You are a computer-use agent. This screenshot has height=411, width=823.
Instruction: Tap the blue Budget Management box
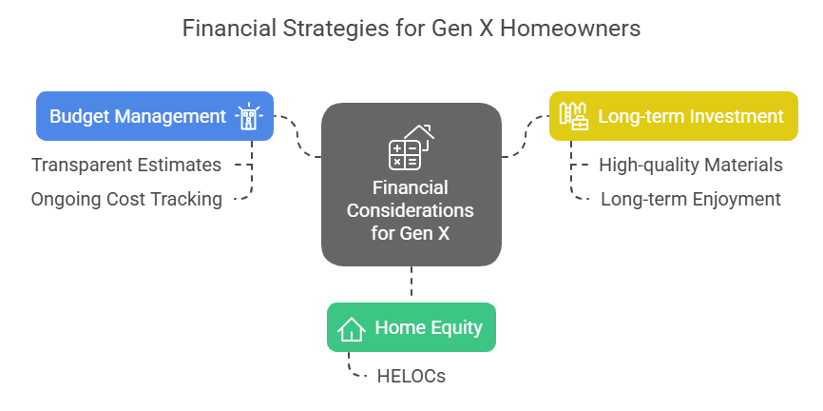155,116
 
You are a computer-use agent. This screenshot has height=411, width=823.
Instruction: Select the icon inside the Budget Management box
249,116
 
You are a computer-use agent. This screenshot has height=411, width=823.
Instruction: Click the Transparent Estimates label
126,165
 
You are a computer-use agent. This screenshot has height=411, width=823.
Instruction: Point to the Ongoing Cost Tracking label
126,199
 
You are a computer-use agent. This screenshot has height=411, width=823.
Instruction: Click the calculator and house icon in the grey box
411,147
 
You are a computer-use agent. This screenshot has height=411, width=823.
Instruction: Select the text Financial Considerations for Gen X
411,210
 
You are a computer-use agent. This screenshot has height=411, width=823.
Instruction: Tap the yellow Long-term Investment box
674,116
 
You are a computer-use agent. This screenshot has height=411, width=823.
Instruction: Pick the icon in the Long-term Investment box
573,116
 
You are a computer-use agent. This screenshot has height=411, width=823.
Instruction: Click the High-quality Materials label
691,165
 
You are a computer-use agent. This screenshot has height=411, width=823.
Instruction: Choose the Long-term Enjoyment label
691,199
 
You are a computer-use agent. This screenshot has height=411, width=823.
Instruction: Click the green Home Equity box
411,327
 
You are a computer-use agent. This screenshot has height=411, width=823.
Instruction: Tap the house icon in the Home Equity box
351,328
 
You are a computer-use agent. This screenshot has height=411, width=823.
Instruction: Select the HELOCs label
411,377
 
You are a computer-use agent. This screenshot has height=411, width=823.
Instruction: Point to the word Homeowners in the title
570,29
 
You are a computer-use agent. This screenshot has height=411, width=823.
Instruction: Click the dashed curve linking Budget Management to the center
297,137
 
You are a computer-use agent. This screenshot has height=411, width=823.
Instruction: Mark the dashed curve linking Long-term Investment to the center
526,137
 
